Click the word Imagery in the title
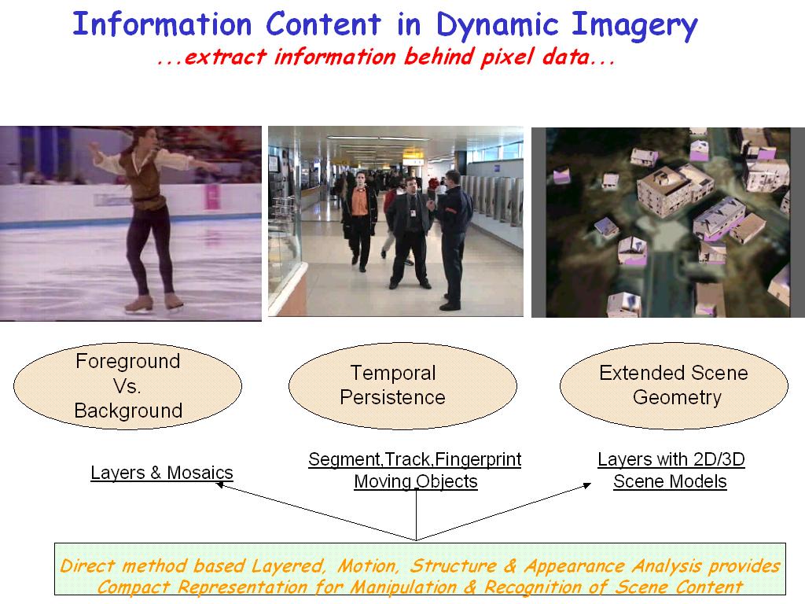(x=634, y=27)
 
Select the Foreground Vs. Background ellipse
(x=128, y=385)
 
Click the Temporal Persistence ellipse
(x=402, y=385)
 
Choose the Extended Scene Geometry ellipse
(x=674, y=385)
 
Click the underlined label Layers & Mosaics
(x=162, y=473)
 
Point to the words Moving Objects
(x=416, y=482)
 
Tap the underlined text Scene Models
(x=670, y=482)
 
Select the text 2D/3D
(x=719, y=459)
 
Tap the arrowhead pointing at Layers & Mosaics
(x=220, y=484)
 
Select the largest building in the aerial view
(x=675, y=190)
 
